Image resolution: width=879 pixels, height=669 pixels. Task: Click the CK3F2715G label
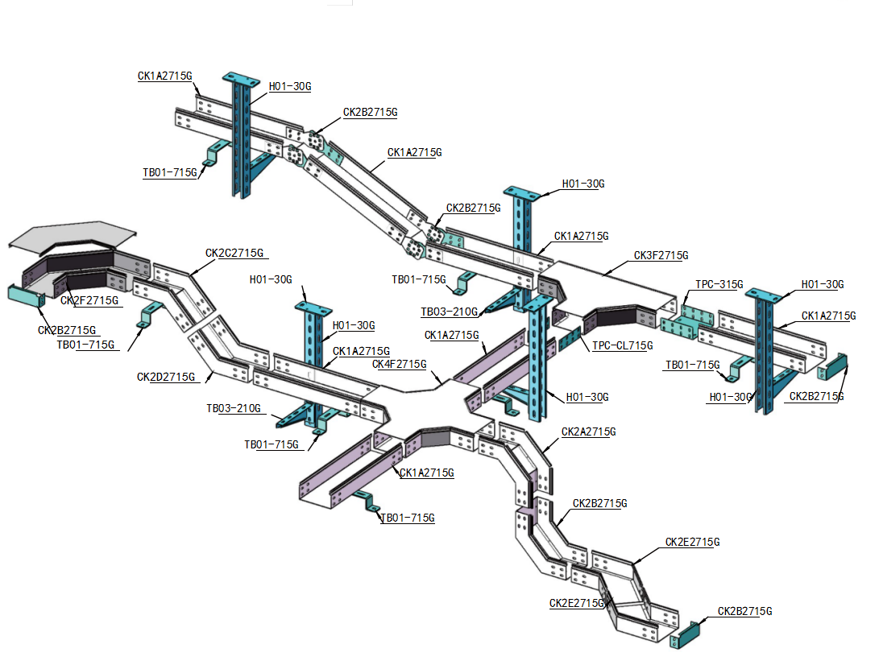pos(661,256)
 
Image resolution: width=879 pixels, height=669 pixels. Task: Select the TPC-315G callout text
pos(719,285)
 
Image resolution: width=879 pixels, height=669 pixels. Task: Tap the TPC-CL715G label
pos(622,345)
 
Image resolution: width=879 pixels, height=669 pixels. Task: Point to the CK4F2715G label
pos(399,364)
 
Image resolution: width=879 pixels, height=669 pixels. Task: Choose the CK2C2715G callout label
pos(234,253)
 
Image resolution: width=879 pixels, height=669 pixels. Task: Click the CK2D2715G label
pos(166,377)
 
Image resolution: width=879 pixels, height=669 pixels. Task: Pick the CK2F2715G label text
pos(89,300)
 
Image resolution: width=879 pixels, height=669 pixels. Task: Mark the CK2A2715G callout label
pos(588,432)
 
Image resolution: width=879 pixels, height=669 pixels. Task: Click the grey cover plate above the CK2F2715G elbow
pos(72,234)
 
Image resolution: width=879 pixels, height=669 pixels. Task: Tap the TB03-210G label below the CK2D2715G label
pos(233,408)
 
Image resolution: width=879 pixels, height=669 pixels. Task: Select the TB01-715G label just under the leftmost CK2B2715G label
pos(85,345)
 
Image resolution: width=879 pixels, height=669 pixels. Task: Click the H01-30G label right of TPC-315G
pos(822,285)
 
